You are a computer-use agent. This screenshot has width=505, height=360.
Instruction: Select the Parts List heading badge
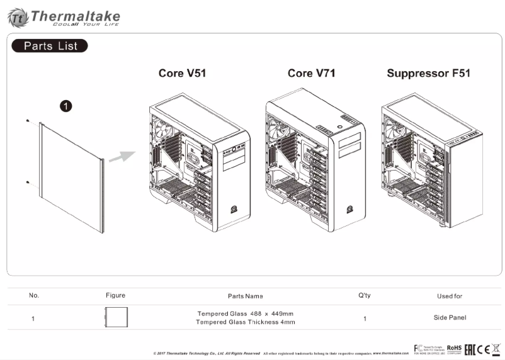(x=50, y=46)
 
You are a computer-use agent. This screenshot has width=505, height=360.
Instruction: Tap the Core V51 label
(x=182, y=74)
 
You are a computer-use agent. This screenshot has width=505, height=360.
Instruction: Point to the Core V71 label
(x=311, y=74)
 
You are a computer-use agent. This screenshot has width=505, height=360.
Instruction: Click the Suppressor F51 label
(x=428, y=74)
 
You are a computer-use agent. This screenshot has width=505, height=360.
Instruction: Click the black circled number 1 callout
(x=65, y=106)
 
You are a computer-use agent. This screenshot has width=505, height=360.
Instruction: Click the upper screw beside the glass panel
(x=29, y=121)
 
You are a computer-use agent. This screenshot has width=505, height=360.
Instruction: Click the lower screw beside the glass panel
(x=29, y=183)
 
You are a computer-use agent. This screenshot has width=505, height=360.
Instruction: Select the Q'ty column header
(x=364, y=295)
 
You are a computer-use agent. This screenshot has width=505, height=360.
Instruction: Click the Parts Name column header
(x=245, y=296)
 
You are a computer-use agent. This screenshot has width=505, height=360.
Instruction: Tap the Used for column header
(x=449, y=296)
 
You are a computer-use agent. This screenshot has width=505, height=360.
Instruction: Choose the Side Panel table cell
(x=449, y=318)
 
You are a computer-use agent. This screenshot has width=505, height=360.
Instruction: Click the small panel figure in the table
(x=116, y=317)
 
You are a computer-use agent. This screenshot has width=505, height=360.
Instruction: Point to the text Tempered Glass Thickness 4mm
(x=245, y=322)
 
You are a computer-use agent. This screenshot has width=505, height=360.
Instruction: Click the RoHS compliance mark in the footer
(x=454, y=348)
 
